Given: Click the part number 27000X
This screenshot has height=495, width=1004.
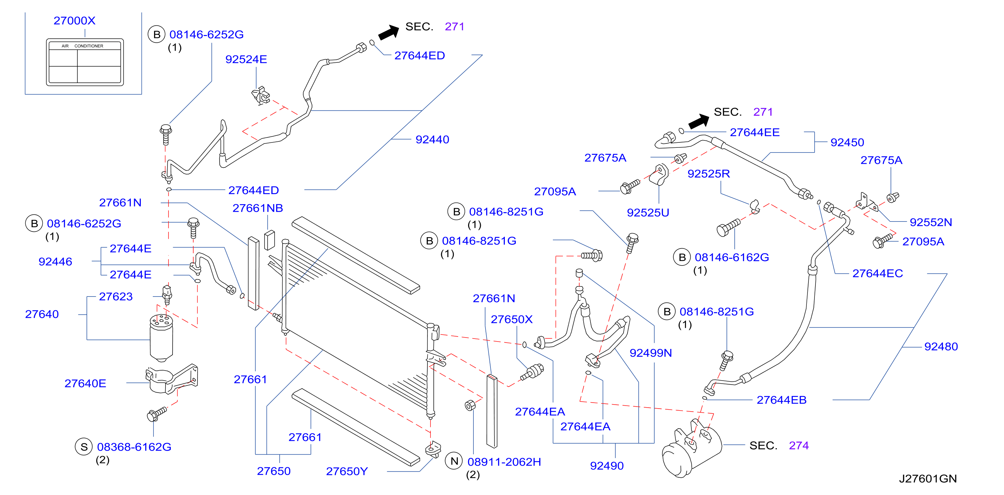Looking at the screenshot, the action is [74, 21].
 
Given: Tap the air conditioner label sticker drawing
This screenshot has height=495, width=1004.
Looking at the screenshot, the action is [85, 62].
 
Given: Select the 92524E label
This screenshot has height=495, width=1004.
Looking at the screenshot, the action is [246, 59].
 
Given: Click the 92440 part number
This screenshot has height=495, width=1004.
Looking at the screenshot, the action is [432, 139].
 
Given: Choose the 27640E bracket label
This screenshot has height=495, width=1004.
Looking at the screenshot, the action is [85, 384].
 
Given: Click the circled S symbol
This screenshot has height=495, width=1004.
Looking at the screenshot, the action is [83, 447].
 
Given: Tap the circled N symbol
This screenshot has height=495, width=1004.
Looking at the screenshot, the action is [454, 462].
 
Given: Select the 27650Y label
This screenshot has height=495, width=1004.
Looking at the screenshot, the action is [347, 472].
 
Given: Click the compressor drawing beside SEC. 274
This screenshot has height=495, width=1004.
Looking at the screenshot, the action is [691, 449].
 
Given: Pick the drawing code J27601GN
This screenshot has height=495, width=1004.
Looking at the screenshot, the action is [928, 479].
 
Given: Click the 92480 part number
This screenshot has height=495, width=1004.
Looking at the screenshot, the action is [941, 347].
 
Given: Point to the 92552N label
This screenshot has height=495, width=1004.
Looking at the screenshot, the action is [931, 222].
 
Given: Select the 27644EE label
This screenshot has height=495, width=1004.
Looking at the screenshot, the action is [754, 132].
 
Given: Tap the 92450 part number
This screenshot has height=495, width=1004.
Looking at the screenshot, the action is [847, 143].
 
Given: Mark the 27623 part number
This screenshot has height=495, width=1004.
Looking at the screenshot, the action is [116, 297].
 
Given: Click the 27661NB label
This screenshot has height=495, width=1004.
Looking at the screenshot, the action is [258, 208].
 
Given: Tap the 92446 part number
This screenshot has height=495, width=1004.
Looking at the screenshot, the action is [55, 262].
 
